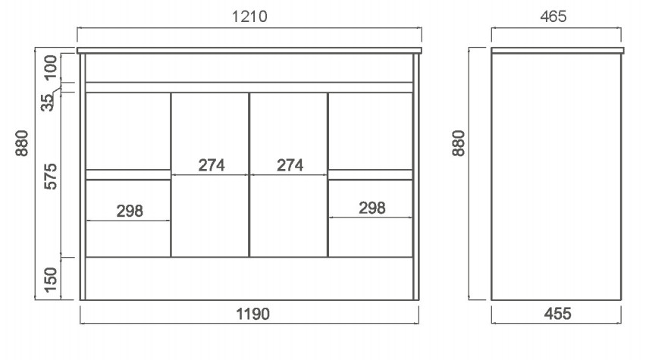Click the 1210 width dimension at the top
pos(249,17)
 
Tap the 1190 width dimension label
pos(252,314)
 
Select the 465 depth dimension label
pos(553,17)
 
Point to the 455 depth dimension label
pos(557,314)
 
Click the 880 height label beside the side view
pos(458,143)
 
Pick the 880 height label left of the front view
pos(22,143)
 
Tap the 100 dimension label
pos(50,67)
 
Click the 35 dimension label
pos(48,102)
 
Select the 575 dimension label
pos(50,177)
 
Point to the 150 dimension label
pos(50,280)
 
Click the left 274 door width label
pos(212,165)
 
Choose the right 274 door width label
pos(290,165)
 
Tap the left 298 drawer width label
pos(130,211)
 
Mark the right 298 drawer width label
pos(372,208)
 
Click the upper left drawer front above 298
pos(128,131)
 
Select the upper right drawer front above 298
pos(371,131)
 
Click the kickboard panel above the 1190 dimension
pos(249,278)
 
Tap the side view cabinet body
pos(556,177)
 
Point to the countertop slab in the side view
pos(557,51)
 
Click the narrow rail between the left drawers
pos(128,174)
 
